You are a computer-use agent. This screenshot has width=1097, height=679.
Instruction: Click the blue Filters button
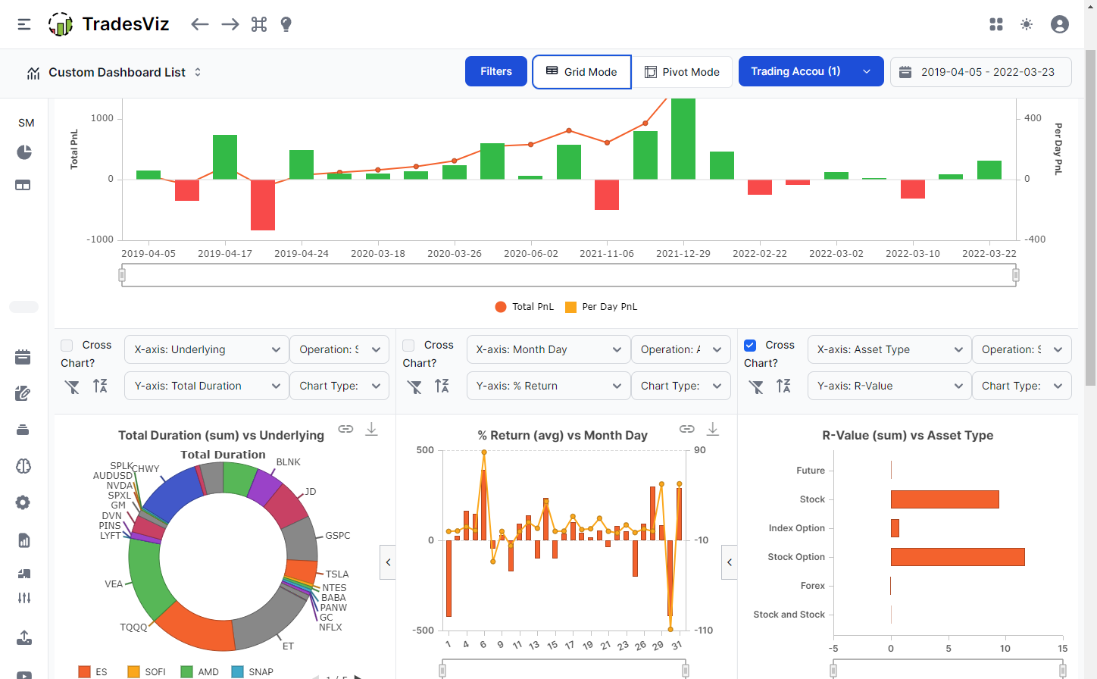(x=496, y=71)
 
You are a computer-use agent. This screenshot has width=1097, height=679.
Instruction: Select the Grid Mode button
(x=581, y=72)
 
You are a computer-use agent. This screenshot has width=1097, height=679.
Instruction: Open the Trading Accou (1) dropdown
(x=811, y=71)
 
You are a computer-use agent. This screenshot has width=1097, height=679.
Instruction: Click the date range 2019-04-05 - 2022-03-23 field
(x=981, y=72)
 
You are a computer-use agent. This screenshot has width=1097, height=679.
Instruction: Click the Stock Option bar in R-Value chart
(x=958, y=557)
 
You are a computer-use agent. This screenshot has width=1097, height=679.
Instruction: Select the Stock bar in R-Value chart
(x=945, y=499)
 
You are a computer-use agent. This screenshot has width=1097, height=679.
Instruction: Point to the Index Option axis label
(x=796, y=528)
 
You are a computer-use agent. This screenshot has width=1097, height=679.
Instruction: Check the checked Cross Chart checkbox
(x=750, y=346)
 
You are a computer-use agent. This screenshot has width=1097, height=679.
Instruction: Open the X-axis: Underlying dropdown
(x=206, y=349)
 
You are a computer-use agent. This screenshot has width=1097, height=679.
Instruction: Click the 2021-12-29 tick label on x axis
(x=683, y=254)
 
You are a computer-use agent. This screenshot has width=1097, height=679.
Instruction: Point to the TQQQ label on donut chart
(x=134, y=627)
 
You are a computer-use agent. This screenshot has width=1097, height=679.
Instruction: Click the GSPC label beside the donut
(x=338, y=536)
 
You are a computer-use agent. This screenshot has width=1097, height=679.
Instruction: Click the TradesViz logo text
(x=126, y=24)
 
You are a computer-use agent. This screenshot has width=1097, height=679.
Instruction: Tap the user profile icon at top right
(x=1059, y=24)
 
